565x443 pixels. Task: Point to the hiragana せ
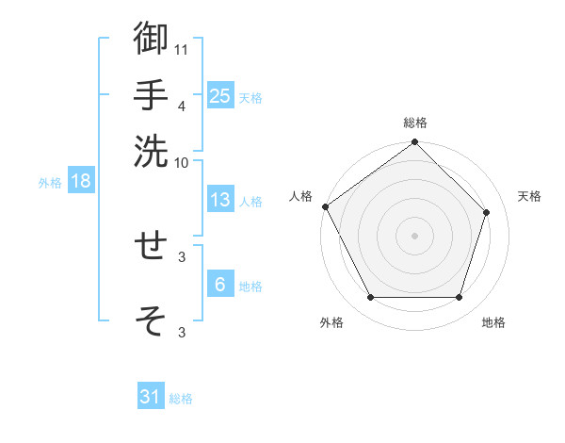pos(152,245)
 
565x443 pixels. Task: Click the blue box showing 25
pos(220,95)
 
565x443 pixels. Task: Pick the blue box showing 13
pos(220,200)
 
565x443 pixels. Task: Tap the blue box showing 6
pos(220,285)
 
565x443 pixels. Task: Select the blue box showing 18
pos(81,181)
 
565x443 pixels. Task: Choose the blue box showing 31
pos(151,397)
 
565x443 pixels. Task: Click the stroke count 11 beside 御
pos(182,48)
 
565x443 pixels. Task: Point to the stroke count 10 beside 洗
pos(182,162)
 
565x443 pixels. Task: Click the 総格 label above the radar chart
pos(414,123)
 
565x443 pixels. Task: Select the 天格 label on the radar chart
pos(530,196)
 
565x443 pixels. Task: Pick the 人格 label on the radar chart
pos(300,196)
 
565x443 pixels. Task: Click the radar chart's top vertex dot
pos(414,143)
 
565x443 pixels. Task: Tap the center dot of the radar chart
pos(414,235)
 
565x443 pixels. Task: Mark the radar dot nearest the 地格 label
pos(460,298)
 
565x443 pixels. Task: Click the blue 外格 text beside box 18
pos(50,183)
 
